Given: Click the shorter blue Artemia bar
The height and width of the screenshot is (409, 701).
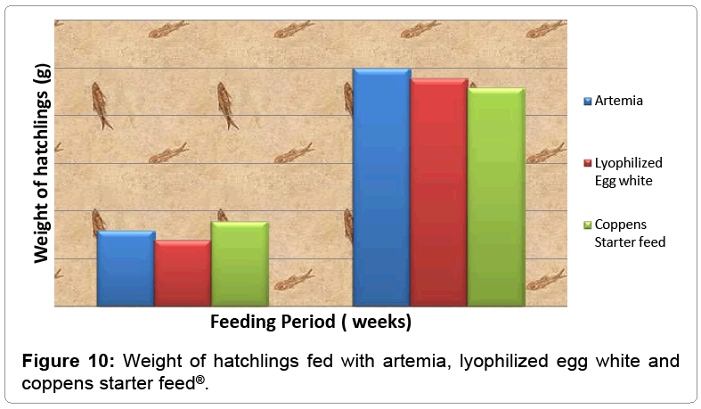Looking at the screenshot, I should point(126,268).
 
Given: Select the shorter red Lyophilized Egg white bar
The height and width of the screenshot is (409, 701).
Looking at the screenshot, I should point(183,273).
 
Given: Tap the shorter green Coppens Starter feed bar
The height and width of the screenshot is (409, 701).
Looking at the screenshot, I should point(240,264).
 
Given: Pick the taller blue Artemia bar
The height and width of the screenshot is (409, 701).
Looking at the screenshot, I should point(381,187).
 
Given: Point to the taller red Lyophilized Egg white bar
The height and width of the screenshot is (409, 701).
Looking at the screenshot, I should point(438,192).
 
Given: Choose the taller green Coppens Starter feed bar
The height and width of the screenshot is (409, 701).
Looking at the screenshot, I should point(496,197).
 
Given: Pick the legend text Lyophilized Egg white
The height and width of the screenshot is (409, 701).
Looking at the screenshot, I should point(628,172).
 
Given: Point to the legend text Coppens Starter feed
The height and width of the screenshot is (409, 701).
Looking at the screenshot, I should point(629,233).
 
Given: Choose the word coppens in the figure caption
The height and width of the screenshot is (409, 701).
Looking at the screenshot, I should point(53,382).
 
